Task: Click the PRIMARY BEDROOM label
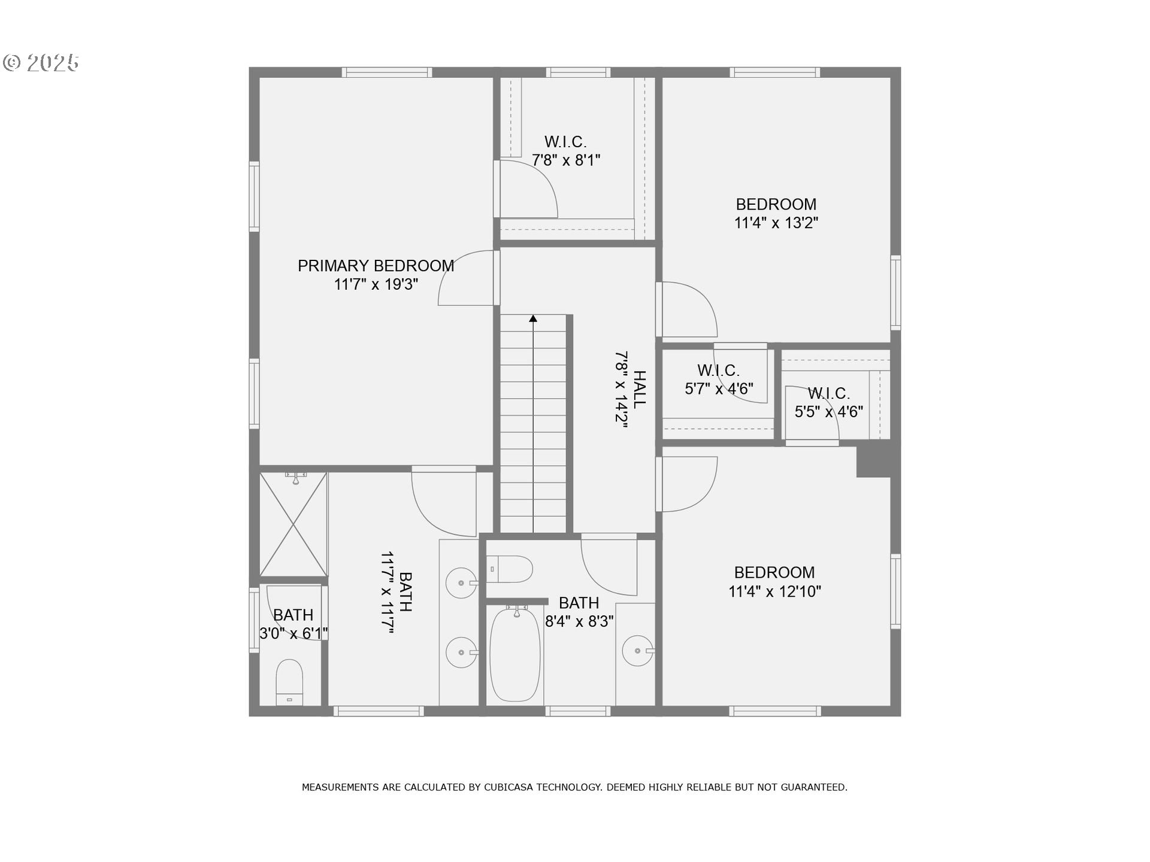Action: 376,266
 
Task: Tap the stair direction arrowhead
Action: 533,318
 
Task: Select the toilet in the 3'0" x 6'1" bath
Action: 289,682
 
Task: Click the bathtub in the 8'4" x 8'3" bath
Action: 515,654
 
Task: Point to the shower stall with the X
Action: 293,524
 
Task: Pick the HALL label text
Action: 640,389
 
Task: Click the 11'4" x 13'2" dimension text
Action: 776,223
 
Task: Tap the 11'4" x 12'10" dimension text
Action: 774,591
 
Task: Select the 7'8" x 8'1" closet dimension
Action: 566,160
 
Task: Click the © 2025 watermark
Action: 41,62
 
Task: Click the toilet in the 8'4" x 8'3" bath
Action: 509,569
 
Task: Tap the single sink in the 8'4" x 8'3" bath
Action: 637,651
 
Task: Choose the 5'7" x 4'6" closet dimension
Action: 719,389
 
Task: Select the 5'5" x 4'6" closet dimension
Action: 829,412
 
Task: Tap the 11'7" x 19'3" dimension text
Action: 376,284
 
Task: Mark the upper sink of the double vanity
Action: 461,582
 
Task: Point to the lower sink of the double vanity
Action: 461,652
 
